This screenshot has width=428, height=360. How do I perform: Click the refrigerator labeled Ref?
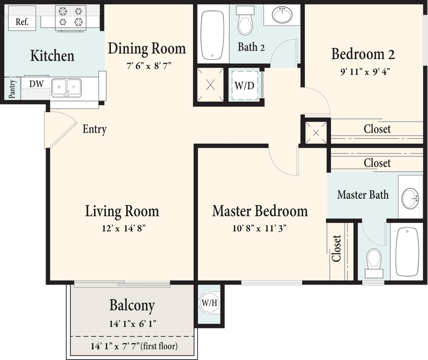(x=22, y=18)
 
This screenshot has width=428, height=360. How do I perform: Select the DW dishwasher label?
(x=36, y=84)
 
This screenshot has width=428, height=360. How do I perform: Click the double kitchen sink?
(x=66, y=88)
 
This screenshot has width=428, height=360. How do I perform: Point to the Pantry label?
(x=12, y=89)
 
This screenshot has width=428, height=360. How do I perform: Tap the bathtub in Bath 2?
(x=212, y=35)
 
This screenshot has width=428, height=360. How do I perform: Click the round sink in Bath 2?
(x=282, y=15)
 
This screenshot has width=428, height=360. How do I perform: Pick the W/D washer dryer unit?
(x=245, y=86)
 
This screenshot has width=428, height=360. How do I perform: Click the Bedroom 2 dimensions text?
(x=365, y=72)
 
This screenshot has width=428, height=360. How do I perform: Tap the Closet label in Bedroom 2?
(x=377, y=129)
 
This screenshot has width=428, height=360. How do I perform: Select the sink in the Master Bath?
(x=410, y=198)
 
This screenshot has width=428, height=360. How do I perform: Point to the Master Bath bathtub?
(x=407, y=252)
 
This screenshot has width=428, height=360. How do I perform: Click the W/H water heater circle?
(x=209, y=303)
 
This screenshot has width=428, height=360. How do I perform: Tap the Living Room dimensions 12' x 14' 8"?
(x=124, y=228)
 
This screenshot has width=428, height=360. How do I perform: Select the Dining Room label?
(x=147, y=48)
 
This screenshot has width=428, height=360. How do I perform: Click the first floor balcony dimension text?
(x=134, y=346)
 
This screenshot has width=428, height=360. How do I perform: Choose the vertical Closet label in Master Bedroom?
(x=336, y=248)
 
